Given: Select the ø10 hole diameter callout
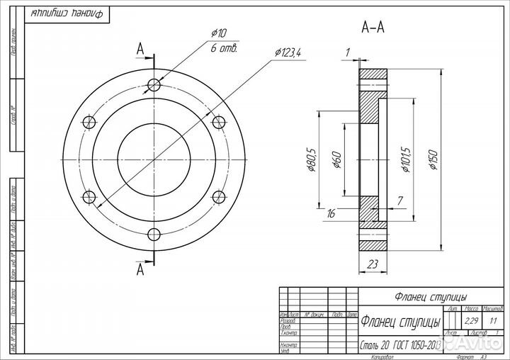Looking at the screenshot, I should (x=218, y=33).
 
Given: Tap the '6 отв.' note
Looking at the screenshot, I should (x=222, y=48).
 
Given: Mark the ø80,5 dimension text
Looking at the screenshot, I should (x=310, y=160).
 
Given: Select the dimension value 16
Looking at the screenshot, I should (x=331, y=212).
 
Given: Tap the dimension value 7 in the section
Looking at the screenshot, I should (x=400, y=202).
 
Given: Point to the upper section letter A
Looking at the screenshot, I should (x=140, y=49).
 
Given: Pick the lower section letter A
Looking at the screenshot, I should (x=140, y=270).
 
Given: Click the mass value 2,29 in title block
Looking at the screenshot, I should (x=470, y=321).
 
